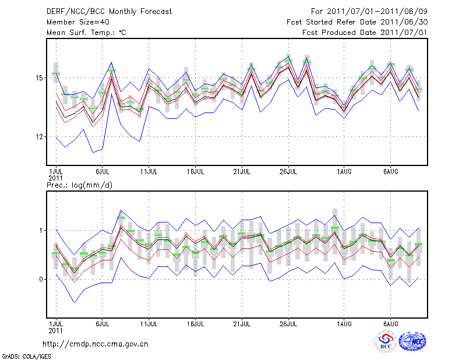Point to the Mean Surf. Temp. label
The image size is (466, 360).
(86, 33)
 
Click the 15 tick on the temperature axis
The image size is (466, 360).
(40, 77)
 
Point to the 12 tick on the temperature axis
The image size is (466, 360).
(40, 137)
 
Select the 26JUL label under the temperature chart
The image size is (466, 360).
(290, 172)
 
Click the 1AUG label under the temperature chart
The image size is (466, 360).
(344, 172)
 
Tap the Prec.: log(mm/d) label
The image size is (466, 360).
(79, 185)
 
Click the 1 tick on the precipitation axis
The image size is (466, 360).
(42, 231)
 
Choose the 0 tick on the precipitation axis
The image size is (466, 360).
(42, 280)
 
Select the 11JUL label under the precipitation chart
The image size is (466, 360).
(150, 323)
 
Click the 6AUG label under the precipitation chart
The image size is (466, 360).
(390, 323)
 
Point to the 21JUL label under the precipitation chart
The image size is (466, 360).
(242, 323)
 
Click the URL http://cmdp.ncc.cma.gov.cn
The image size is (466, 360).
(96, 344)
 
